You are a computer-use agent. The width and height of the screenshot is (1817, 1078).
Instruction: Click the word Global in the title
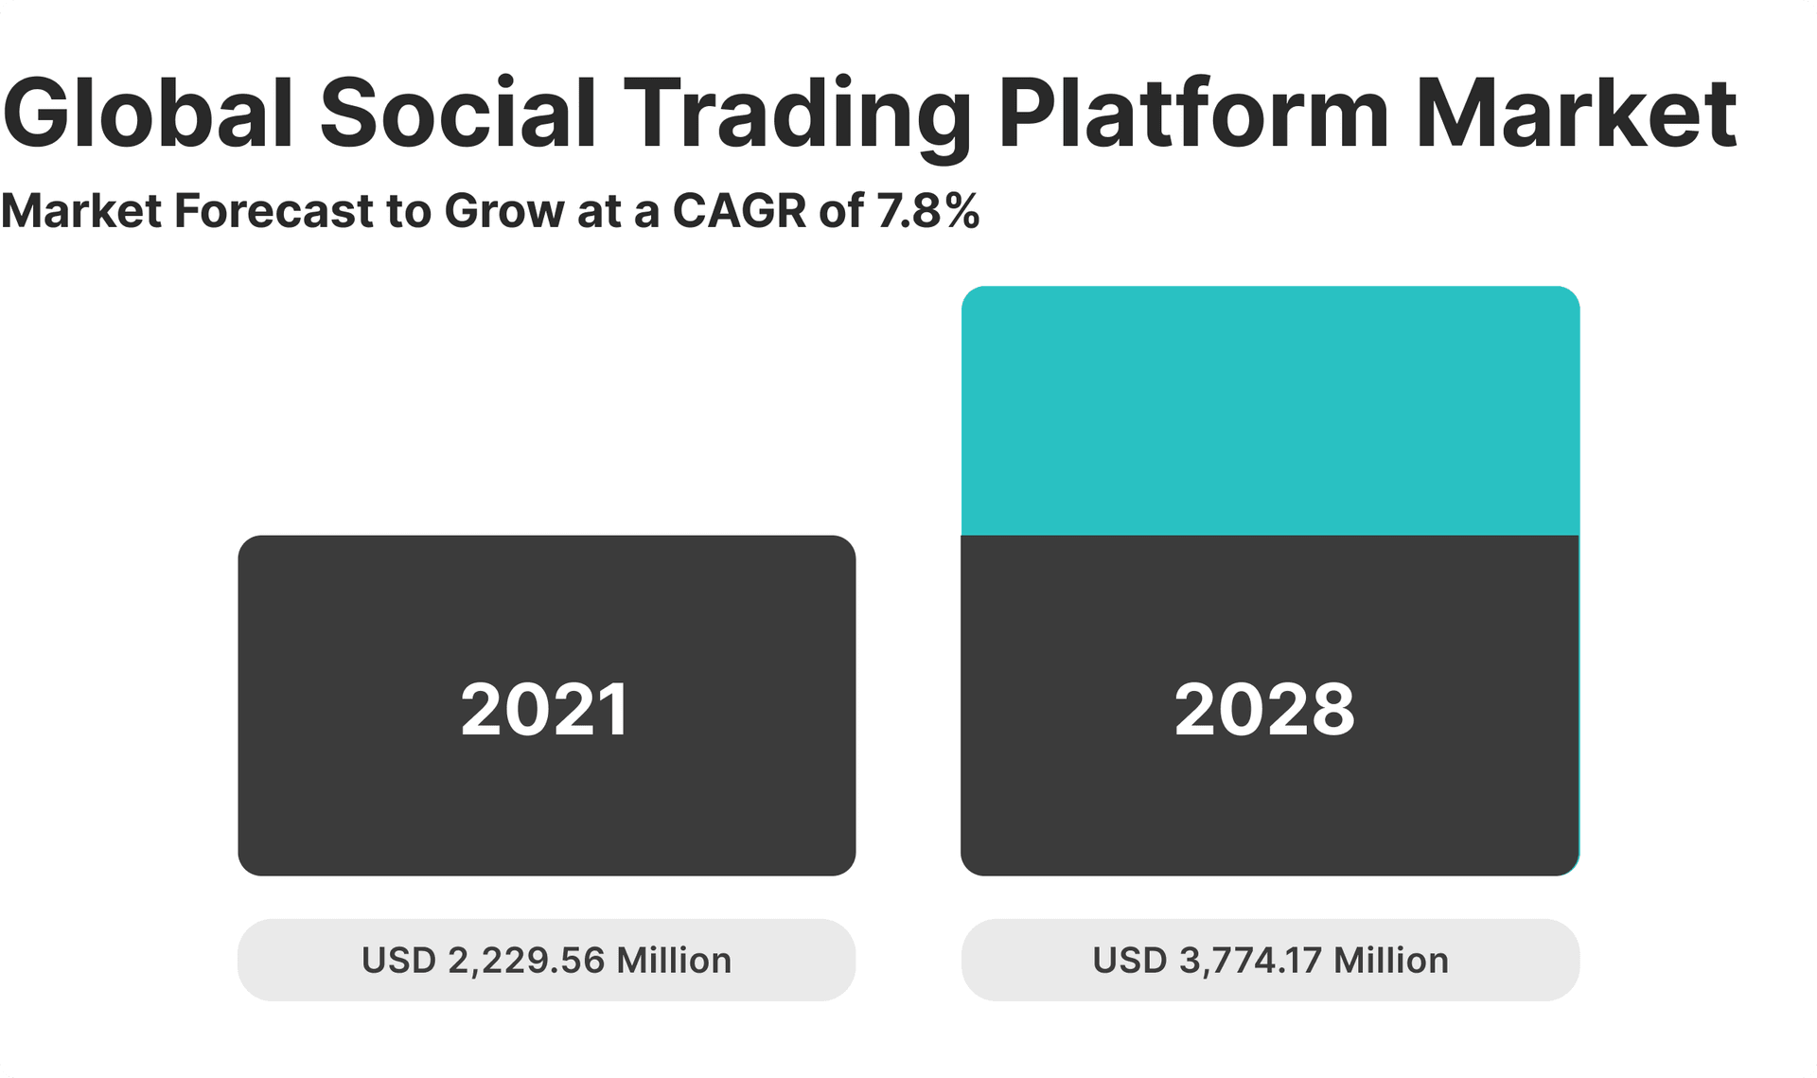click(x=149, y=114)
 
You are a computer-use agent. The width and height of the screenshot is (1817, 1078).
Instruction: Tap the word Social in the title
click(x=458, y=114)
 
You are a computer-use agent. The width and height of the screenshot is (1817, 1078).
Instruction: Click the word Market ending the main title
click(x=1577, y=114)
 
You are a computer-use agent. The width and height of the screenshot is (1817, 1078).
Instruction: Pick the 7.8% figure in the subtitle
click(x=928, y=210)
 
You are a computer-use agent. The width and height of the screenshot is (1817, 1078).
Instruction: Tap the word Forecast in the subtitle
click(x=274, y=210)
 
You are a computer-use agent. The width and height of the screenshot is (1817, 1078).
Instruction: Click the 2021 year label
click(x=545, y=710)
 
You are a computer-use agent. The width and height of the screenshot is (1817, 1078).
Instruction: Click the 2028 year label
click(x=1264, y=710)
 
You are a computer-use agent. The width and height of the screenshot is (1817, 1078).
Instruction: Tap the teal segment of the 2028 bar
click(x=1270, y=411)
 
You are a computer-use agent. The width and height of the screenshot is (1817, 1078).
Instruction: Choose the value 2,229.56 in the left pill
click(x=526, y=961)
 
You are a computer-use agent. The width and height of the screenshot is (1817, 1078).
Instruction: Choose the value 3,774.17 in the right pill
click(x=1250, y=961)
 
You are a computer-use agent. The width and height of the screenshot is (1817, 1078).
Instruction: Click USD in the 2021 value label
click(x=398, y=961)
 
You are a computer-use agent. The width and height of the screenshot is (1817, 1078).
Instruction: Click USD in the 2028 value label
click(x=1129, y=961)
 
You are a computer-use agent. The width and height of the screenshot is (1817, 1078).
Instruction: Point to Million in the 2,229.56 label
click(x=674, y=961)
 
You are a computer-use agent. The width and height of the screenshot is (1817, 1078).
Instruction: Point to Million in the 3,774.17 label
click(x=1390, y=961)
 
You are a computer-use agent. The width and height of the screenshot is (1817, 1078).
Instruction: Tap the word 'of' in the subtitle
click(x=840, y=210)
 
